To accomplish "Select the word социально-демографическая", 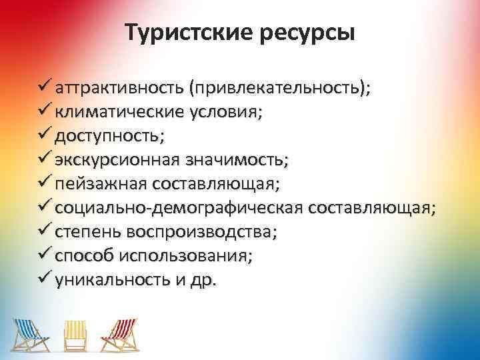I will tap(179, 208).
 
